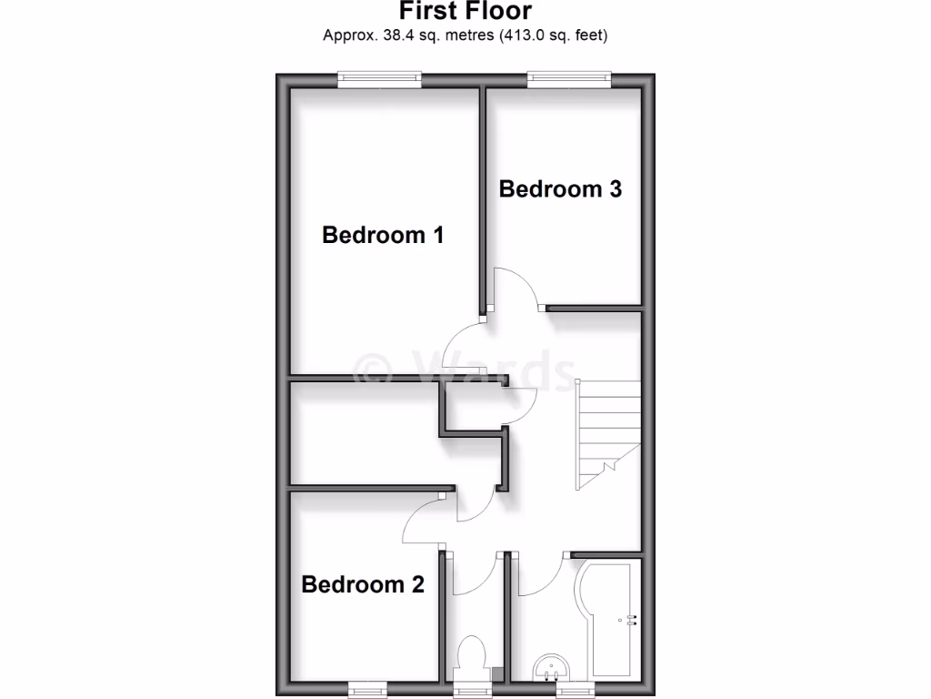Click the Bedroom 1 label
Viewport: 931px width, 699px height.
pyautogui.click(x=383, y=235)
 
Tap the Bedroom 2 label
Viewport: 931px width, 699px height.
pyautogui.click(x=363, y=583)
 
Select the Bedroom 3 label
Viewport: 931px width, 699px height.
pyautogui.click(x=560, y=189)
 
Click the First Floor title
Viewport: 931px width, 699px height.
pyautogui.click(x=465, y=12)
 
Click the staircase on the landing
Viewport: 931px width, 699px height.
pyautogui.click(x=607, y=431)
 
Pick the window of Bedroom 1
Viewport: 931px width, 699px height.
pyautogui.click(x=380, y=80)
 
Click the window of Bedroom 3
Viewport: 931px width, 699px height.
pyautogui.click(x=570, y=80)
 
